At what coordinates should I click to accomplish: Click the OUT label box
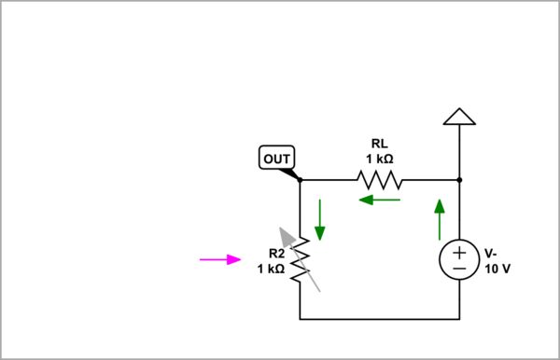[276, 159]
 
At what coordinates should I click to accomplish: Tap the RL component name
[379, 144]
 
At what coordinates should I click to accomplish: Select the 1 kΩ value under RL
[379, 159]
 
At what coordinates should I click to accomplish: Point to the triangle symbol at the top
[459, 116]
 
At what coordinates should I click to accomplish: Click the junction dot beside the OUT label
[300, 179]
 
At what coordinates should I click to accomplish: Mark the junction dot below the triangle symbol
[459, 179]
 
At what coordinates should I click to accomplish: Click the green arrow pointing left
[380, 199]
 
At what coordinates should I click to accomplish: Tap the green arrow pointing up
[439, 218]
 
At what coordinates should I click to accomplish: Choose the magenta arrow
[220, 259]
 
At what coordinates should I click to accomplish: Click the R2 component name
[276, 254]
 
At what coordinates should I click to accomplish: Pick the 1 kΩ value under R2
[271, 269]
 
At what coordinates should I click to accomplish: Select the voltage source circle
[459, 259]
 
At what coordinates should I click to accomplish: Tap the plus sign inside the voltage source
[459, 251]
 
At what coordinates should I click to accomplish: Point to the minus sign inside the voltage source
[459, 269]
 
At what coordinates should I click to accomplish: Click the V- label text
[491, 254]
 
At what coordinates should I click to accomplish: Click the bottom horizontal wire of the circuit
[379, 319]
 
